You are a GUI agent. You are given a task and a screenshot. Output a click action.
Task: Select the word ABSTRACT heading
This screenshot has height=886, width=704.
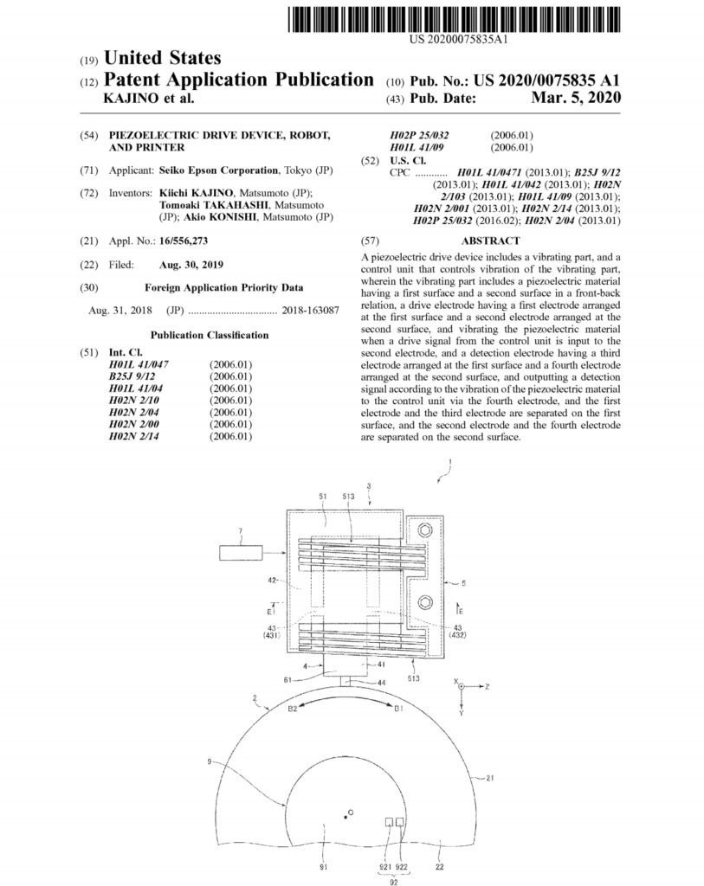pyautogui.click(x=491, y=241)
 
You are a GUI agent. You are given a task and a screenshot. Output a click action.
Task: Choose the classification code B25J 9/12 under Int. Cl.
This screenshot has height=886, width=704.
pyautogui.click(x=132, y=376)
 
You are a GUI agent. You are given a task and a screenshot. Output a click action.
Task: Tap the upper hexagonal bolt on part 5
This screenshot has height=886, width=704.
pyautogui.click(x=424, y=529)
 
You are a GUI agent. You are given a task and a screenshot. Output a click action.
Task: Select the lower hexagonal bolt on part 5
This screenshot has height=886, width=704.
pyautogui.click(x=424, y=601)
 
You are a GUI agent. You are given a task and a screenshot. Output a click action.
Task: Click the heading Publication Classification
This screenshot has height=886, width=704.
pyautogui.click(x=209, y=335)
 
